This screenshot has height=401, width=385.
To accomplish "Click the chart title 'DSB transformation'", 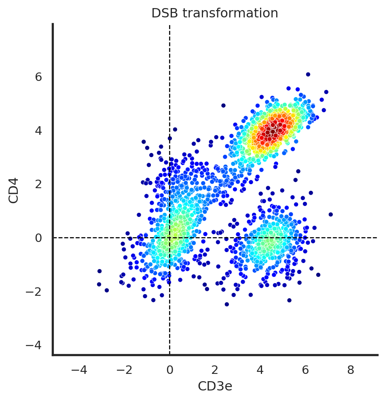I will pos(215,13).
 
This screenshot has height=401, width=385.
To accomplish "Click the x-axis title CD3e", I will pos(215,386).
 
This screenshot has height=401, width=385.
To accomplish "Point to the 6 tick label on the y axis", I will pos(38,76).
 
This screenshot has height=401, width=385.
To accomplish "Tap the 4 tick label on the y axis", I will pos(38,130).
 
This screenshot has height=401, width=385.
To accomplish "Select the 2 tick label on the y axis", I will pos(38,184).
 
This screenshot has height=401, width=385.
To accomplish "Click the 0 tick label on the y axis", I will pos(38,238).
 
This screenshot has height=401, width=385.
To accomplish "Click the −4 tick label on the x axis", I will pos(79,370).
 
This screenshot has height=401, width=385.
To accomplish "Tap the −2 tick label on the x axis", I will pos(124,370).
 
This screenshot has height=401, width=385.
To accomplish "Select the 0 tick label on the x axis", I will pos(169,370).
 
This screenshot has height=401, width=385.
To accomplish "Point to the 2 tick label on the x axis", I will pos(215,370).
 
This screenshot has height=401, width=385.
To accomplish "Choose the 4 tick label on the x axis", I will pos(260,370).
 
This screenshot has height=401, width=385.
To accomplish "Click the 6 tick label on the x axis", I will pos(305,370).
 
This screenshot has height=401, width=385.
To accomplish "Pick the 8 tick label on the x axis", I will pos(351,370).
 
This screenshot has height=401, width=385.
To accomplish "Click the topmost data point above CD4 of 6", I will pos(308,74).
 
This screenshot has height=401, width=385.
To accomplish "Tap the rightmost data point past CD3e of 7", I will pos(330,214).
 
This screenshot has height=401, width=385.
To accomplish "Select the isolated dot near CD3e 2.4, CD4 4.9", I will pos(223,106).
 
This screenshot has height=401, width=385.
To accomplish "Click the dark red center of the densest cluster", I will pos(273,131).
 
